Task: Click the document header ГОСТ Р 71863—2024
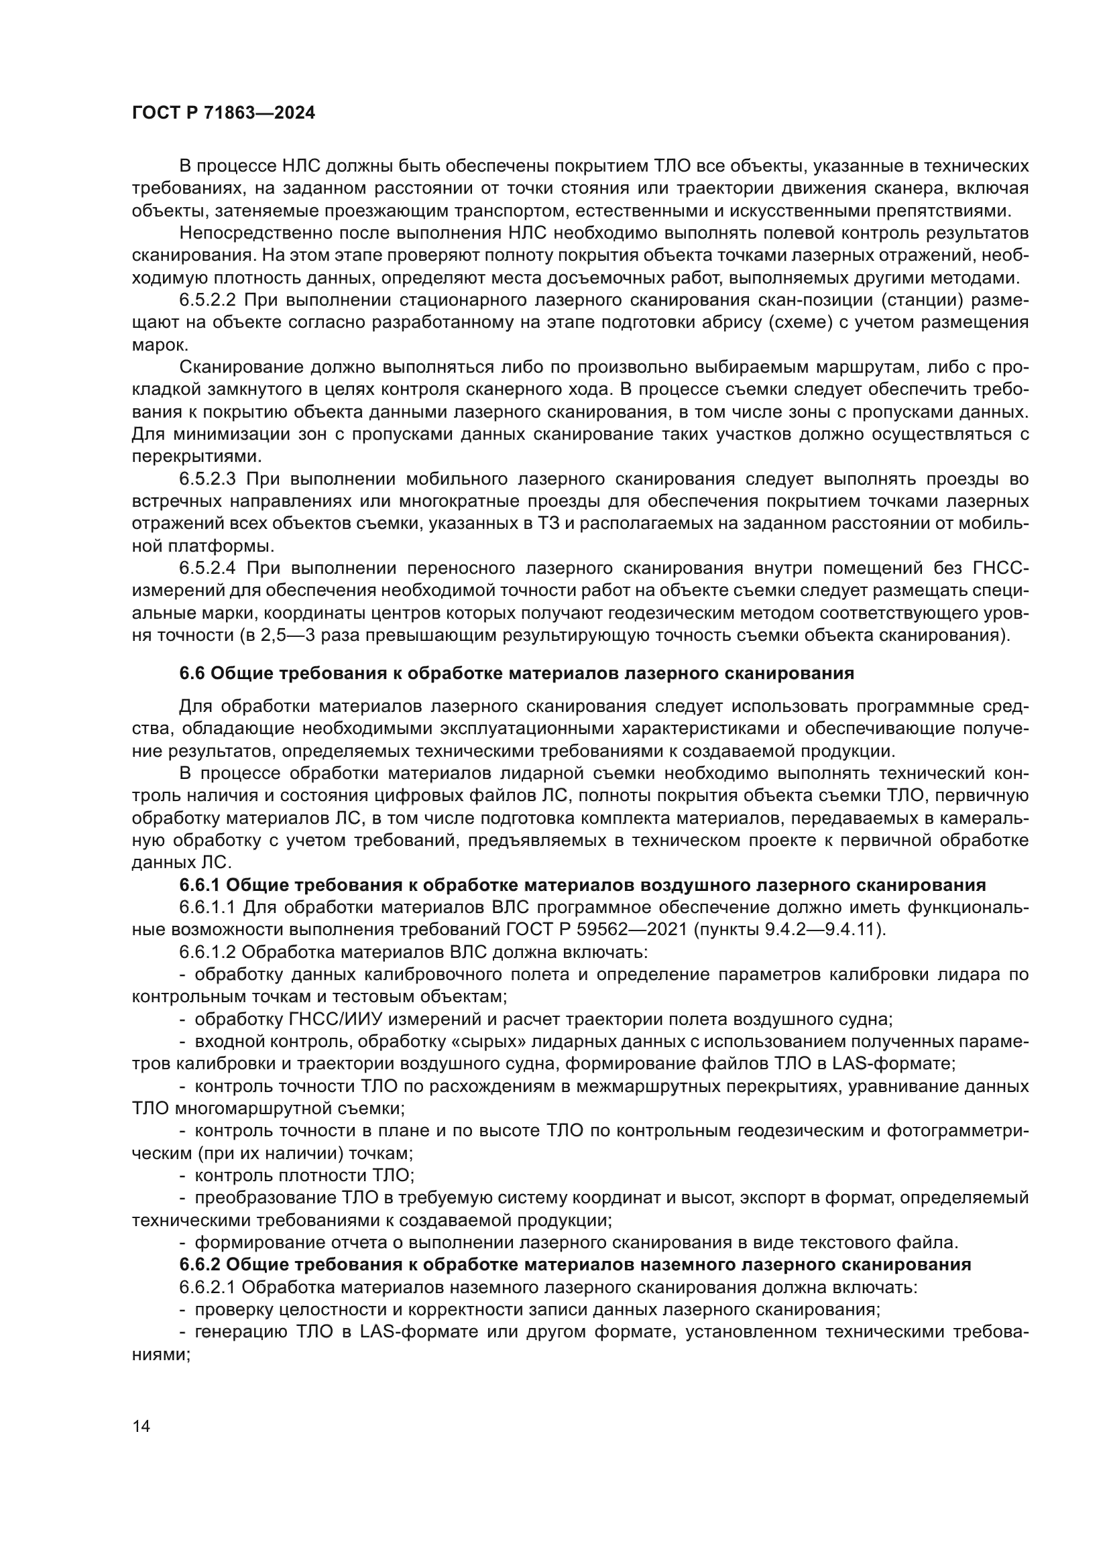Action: pyautogui.click(x=223, y=113)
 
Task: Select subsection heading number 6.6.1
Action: pyautogui.click(x=199, y=886)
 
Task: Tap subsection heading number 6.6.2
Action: pyautogui.click(x=199, y=1264)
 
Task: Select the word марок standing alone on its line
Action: pyautogui.click(x=155, y=345)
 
